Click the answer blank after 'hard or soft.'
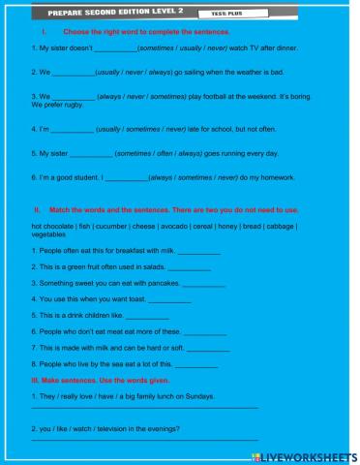(x=209, y=349)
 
